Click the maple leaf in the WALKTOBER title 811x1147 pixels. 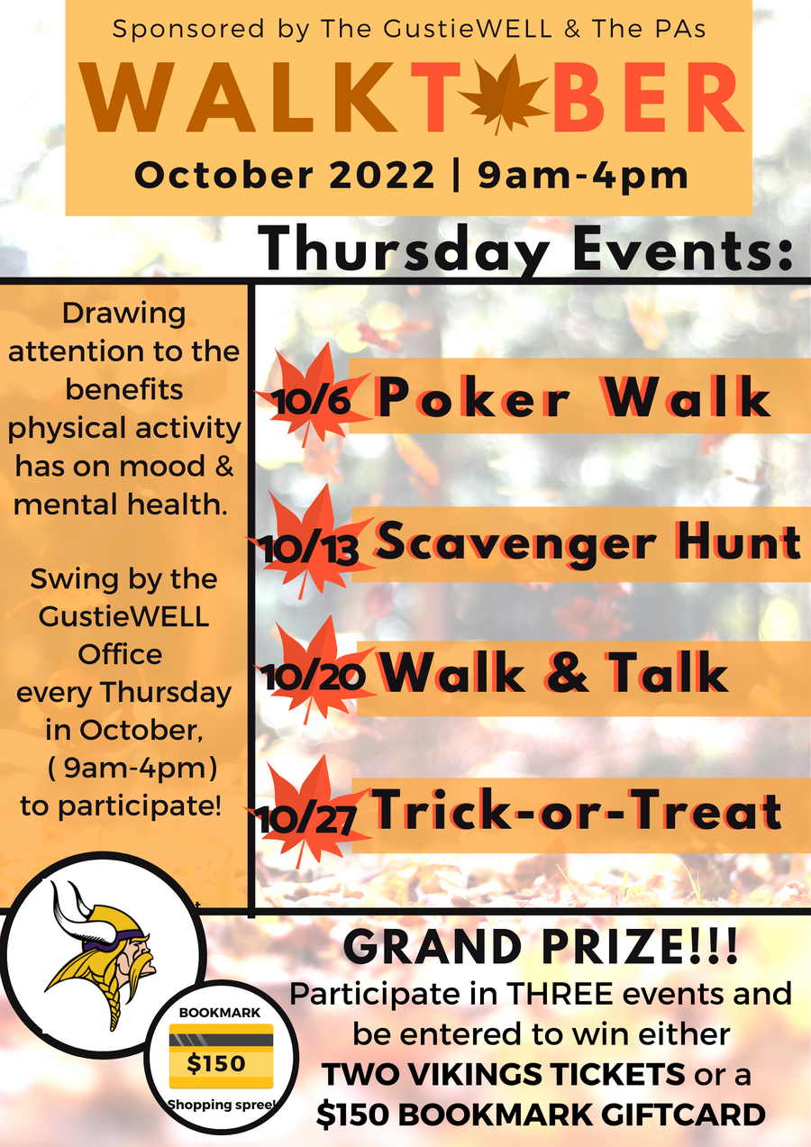(501, 95)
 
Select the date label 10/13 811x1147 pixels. (310, 551)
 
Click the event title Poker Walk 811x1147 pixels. (574, 397)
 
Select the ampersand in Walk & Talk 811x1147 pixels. (567, 671)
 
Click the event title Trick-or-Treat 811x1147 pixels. (577, 809)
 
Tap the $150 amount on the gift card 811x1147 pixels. (215, 1063)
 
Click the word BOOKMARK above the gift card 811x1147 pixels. (220, 1013)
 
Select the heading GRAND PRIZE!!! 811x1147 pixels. (541, 947)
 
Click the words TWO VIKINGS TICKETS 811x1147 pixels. (504, 1074)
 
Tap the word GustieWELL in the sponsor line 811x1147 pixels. (468, 29)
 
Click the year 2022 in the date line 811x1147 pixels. (381, 175)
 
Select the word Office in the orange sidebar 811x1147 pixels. (120, 654)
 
